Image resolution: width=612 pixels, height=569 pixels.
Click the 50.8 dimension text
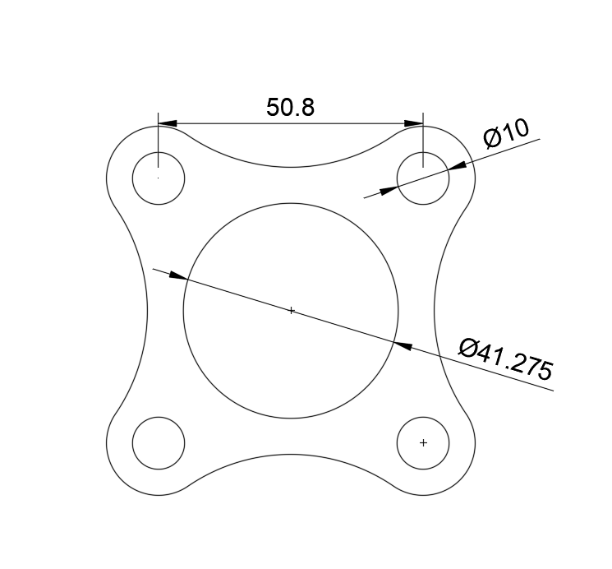(291, 108)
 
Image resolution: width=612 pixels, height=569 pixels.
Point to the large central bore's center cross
(291, 311)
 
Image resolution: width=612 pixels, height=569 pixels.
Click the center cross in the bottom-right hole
(423, 442)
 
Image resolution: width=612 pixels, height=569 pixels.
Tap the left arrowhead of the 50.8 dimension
(167, 124)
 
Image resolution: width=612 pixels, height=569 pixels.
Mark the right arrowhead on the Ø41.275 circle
(403, 345)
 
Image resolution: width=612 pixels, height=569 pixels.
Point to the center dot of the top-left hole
(159, 177)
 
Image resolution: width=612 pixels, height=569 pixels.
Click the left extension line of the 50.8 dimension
(159, 144)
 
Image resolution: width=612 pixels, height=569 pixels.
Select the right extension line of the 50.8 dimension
(423, 144)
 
